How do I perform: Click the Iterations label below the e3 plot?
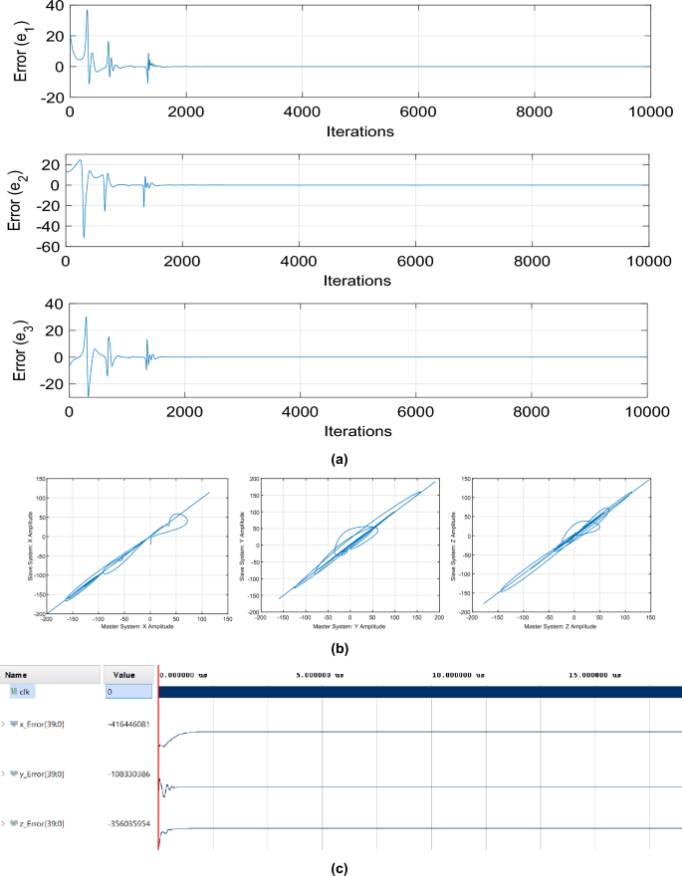358,431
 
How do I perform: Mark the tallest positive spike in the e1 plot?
87,11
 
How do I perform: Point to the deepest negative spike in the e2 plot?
84,237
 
